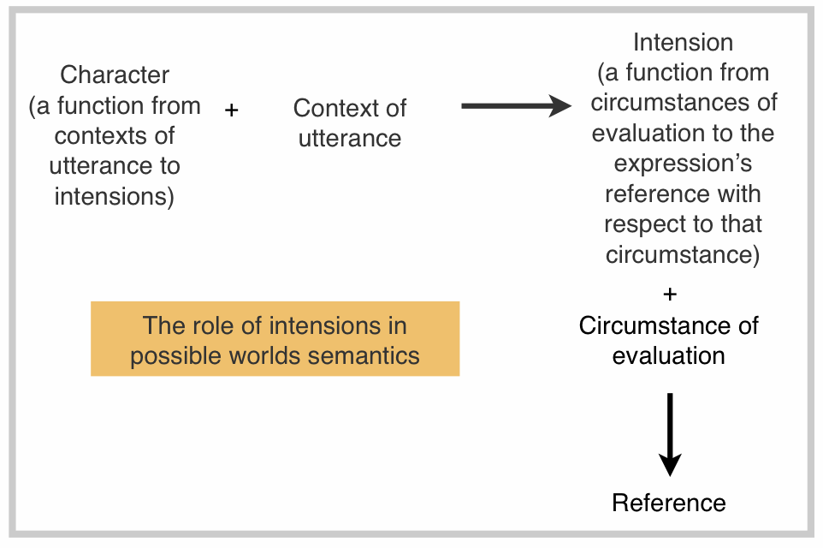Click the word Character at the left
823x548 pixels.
(115, 74)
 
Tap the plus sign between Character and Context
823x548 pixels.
(231, 110)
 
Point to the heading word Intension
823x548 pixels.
(683, 42)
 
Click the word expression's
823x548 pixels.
(683, 164)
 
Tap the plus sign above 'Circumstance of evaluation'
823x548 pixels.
(670, 295)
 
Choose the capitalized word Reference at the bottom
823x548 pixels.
(669, 503)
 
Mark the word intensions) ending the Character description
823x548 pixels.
(115, 196)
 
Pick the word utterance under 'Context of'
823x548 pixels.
(350, 139)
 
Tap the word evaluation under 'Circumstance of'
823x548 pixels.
(669, 355)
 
